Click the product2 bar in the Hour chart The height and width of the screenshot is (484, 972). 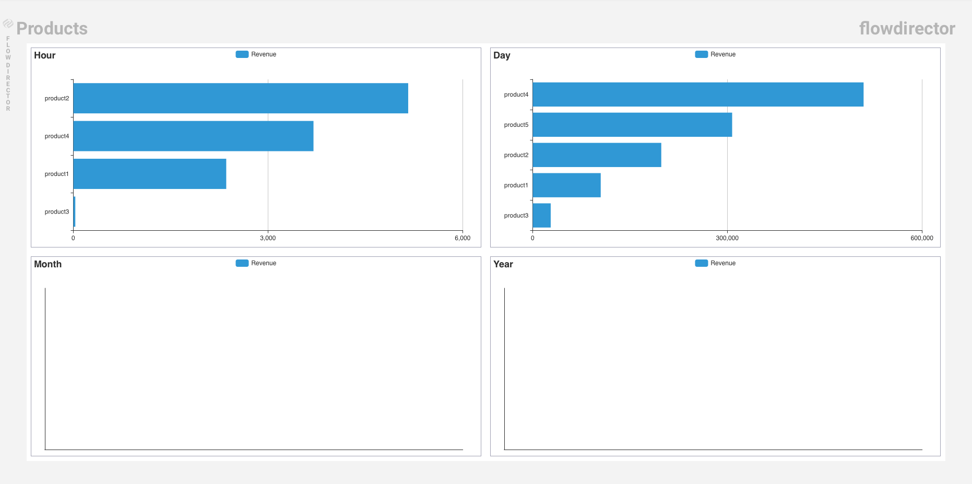240,98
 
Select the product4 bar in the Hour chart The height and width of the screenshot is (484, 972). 193,136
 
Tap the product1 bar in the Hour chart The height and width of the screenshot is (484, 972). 149,174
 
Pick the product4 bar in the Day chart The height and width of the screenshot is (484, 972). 697,95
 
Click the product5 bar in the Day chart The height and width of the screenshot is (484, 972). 632,125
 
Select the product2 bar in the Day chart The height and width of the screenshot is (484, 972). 596,155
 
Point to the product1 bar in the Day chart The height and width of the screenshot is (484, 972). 566,185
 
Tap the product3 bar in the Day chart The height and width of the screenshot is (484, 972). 541,216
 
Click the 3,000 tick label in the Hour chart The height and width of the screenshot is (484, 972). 268,238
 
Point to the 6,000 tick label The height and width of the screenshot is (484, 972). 463,238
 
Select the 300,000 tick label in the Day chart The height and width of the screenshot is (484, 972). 727,238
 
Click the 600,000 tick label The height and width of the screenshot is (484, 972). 922,238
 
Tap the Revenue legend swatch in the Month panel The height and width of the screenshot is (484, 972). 242,263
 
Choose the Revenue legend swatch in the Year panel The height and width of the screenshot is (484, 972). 702,263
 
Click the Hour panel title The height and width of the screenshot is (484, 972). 45,55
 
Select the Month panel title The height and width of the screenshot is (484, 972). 48,264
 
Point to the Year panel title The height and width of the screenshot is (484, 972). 503,264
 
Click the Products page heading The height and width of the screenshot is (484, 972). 52,28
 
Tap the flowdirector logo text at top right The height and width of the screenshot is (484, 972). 907,28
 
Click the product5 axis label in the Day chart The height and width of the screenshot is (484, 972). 516,125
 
